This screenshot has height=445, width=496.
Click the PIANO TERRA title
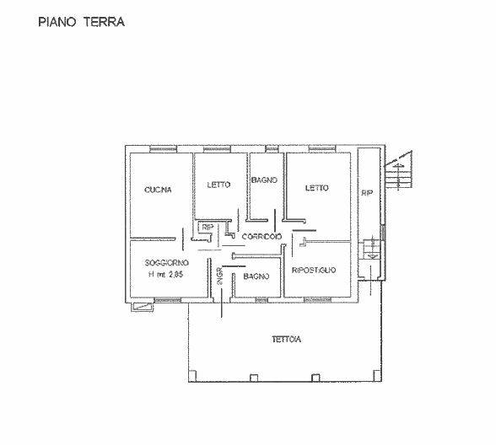click(x=81, y=22)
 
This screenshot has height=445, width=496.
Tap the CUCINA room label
click(x=158, y=190)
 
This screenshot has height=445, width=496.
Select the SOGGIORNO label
click(x=167, y=263)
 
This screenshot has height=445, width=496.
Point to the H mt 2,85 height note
click(x=165, y=275)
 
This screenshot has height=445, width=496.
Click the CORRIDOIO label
click(x=261, y=236)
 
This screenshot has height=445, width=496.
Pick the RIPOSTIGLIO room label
click(x=314, y=271)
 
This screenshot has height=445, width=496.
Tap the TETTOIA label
click(x=286, y=340)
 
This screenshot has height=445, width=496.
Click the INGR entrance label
click(x=220, y=276)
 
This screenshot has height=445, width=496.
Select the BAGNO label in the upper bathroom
click(x=265, y=180)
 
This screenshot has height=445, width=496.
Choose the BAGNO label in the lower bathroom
click(x=256, y=276)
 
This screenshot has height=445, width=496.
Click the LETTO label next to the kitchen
click(x=219, y=185)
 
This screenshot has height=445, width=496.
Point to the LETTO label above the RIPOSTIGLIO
click(x=316, y=188)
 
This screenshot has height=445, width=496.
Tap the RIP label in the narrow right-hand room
click(x=367, y=193)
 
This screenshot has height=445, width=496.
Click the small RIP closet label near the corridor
click(x=208, y=227)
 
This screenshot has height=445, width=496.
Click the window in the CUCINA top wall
click(x=163, y=149)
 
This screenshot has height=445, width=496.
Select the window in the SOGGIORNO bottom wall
click(x=168, y=300)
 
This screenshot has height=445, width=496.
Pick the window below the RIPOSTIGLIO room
click(x=317, y=300)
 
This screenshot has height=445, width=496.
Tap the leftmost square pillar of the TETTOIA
click(x=192, y=376)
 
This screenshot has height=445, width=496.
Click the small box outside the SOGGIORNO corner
click(x=142, y=307)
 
